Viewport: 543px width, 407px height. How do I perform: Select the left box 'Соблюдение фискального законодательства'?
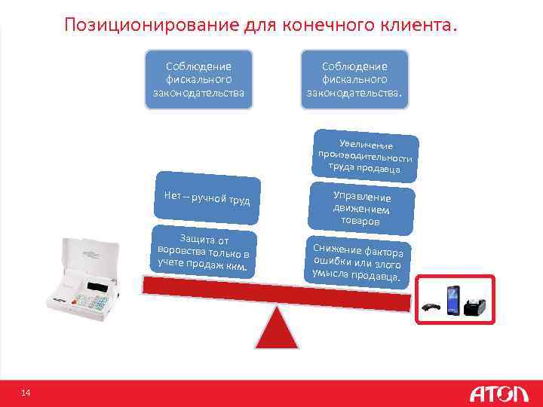click(198, 79)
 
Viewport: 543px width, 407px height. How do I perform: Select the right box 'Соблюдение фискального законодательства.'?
click(354, 79)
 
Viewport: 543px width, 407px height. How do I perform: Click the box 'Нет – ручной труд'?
click(207, 199)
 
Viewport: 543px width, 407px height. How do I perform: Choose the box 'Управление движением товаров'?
click(361, 209)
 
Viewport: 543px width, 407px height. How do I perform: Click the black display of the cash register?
click(99, 287)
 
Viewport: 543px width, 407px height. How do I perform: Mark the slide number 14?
click(25, 393)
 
